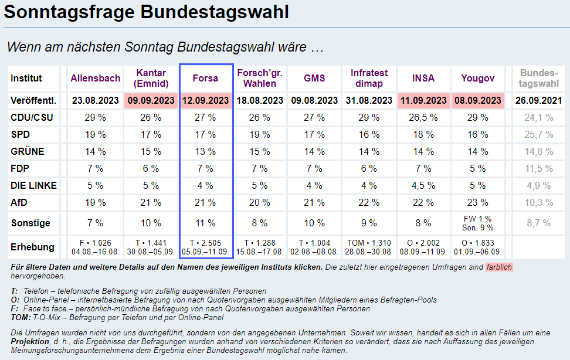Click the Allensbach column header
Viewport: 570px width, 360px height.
(x=96, y=78)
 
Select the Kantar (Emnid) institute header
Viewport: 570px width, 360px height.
(x=152, y=78)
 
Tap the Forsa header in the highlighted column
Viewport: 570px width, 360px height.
(x=205, y=78)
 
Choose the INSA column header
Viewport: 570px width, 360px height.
(x=423, y=78)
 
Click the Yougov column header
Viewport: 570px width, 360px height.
(x=477, y=78)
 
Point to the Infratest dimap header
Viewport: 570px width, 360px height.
(x=369, y=78)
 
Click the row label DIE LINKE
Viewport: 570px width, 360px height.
(x=34, y=185)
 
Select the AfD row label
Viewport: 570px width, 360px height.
(x=20, y=203)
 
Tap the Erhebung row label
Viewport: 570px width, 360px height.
(x=32, y=247)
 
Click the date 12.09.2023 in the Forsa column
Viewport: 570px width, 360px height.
(x=205, y=101)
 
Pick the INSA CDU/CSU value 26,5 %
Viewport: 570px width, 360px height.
(x=423, y=118)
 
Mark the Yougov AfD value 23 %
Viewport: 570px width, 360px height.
(x=477, y=203)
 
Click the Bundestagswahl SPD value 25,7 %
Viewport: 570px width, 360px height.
(x=538, y=135)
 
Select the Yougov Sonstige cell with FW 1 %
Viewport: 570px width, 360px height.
(x=477, y=219)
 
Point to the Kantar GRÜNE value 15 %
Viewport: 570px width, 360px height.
(x=151, y=152)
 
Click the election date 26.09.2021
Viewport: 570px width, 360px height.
(x=538, y=101)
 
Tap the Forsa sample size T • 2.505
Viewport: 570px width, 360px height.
(x=205, y=243)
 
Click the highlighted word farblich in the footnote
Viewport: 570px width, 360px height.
(x=498, y=267)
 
